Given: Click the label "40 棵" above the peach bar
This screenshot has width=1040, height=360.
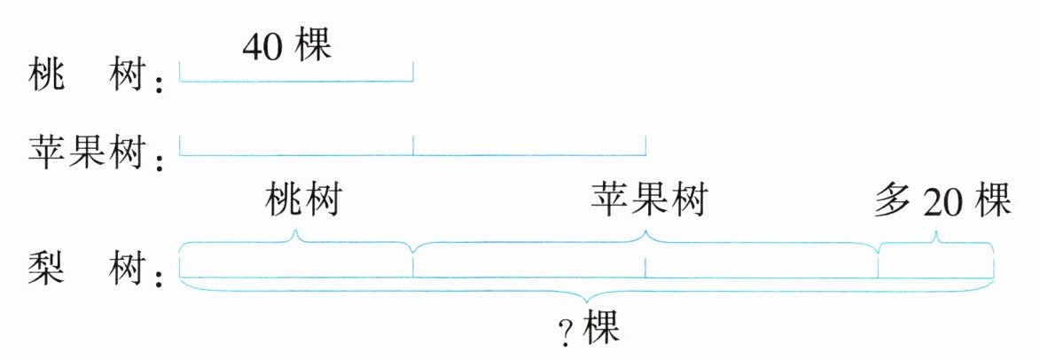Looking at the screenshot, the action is point(286,47).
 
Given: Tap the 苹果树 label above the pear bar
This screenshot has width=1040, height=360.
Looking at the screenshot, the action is point(648,200).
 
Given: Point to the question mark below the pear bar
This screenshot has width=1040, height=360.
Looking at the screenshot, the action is point(564,333).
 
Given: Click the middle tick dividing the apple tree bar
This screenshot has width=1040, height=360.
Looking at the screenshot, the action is point(413,147).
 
